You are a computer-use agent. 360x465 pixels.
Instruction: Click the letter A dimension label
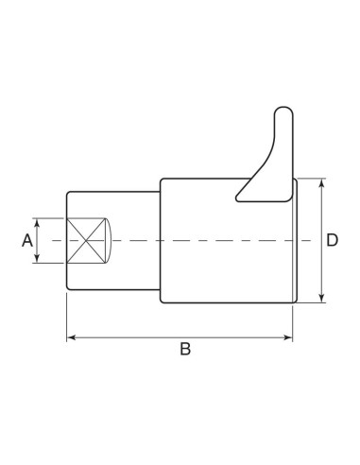pos(26,241)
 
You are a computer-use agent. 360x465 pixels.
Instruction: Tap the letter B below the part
pos(185,350)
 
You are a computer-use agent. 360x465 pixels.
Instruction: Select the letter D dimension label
pos(333,241)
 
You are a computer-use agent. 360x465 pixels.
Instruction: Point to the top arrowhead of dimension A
pos(38,223)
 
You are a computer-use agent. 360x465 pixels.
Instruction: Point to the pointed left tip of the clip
pos(236,199)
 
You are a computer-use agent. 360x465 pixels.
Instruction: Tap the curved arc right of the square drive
pos(109,240)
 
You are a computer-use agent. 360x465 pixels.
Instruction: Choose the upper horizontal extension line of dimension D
pos(312,178)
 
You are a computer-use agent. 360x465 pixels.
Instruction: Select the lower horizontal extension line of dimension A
pos(49,264)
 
